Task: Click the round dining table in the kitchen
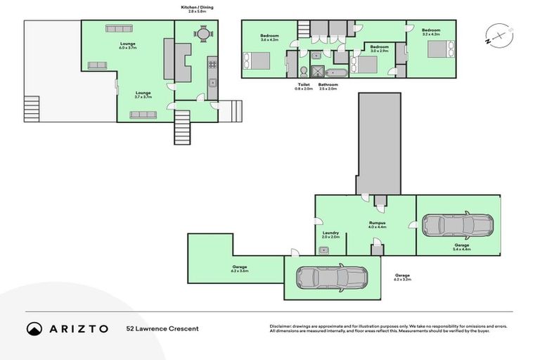coord(202,33)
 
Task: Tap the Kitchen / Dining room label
coord(197,10)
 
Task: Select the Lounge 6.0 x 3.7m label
coord(128,46)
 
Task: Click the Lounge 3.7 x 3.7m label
coord(143,94)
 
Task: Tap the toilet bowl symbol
coord(301,71)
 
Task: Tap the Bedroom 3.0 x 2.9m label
coord(380,49)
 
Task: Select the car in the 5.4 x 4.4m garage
coord(457,225)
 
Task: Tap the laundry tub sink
coord(324,250)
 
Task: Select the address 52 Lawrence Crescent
coord(162,328)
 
